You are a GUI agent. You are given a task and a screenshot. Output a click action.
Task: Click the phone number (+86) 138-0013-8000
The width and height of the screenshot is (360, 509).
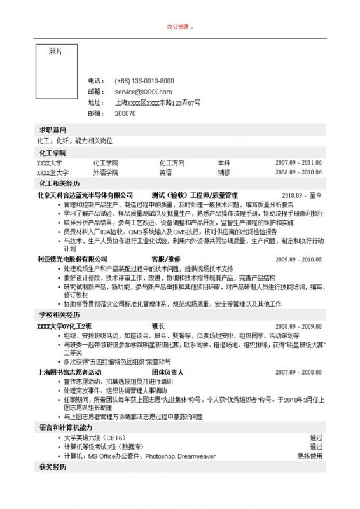(x=144, y=81)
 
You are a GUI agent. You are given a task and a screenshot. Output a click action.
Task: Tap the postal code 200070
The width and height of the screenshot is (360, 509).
(x=125, y=113)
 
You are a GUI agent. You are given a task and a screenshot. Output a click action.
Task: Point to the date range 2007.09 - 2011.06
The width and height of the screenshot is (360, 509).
(x=298, y=163)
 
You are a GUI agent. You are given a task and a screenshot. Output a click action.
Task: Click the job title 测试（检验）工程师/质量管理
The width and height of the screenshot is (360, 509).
(x=194, y=195)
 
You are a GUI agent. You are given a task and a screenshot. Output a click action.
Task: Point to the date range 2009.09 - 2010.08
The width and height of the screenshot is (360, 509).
(x=298, y=260)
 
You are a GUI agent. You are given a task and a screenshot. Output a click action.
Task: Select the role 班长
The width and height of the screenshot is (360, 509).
(x=158, y=326)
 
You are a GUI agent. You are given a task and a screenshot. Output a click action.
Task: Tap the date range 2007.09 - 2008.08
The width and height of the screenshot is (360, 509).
(x=298, y=372)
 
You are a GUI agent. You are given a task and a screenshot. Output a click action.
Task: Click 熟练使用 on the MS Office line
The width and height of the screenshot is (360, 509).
(x=310, y=456)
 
